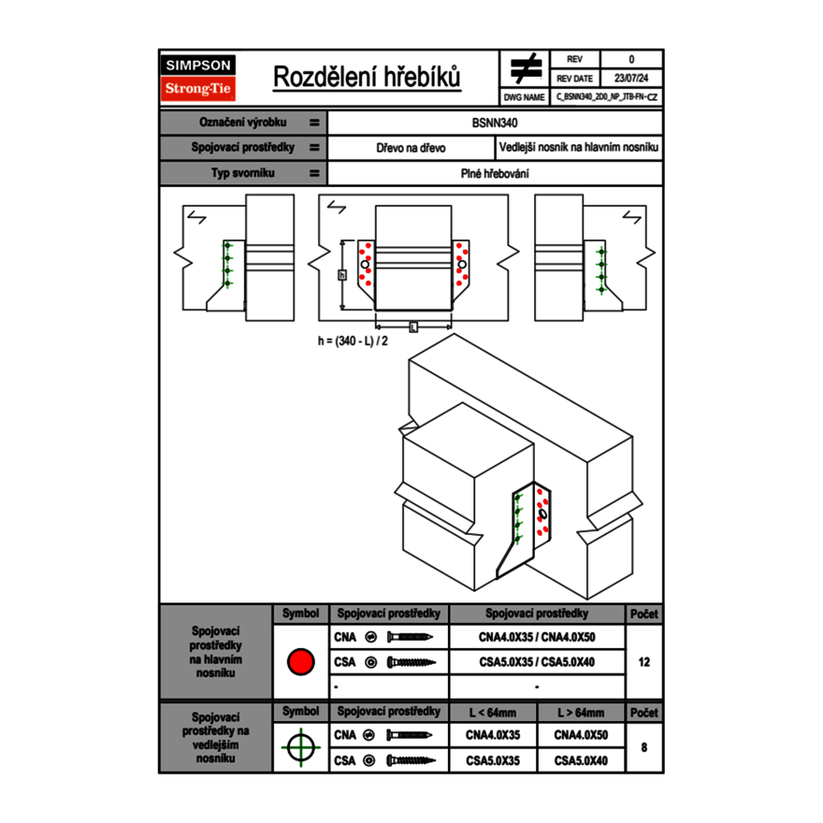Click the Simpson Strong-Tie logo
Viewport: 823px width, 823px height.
[x=199, y=78]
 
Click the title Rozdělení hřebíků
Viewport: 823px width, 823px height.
[x=367, y=78]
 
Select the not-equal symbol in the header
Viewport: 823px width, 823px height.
[x=525, y=68]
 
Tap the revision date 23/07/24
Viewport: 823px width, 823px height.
[x=631, y=79]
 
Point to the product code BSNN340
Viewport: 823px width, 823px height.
[x=495, y=123]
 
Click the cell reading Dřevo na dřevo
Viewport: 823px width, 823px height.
[x=411, y=148]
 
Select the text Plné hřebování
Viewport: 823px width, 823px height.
[x=495, y=173]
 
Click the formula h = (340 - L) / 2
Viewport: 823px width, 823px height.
[x=353, y=341]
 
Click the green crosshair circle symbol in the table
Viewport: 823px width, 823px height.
[x=299, y=747]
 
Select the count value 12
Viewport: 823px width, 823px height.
[x=643, y=662]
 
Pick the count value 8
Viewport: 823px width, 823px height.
[x=643, y=747]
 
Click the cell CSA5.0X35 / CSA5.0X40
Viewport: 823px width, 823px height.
[x=536, y=662]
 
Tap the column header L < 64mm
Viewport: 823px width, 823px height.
[x=493, y=713]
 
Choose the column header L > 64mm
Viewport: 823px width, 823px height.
[x=580, y=713]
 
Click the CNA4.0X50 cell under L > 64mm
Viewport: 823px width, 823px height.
[x=580, y=735]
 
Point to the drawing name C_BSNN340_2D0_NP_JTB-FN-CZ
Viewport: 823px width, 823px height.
[x=606, y=96]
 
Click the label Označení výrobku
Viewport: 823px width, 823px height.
[x=242, y=123]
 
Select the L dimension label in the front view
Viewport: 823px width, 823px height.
[x=412, y=326]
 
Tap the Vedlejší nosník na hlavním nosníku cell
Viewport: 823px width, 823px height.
[x=579, y=148]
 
